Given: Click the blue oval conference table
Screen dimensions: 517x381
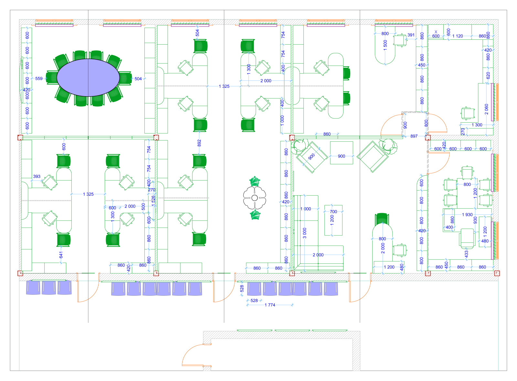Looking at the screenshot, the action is coord(88,77).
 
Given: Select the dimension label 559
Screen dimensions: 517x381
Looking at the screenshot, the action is coord(39,79).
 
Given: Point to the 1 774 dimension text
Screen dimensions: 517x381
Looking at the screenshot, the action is coord(270,305).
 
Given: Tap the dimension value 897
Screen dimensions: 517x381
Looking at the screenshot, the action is coord(414,136).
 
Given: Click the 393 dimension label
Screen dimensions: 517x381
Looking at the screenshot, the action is coord(37,176).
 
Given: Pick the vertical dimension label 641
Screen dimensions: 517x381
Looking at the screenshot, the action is coord(61,255).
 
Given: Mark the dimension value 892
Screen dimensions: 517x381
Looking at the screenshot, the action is coord(199,143).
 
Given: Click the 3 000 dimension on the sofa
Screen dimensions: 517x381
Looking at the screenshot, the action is coord(305,233).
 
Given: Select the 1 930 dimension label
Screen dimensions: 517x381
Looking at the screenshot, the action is coord(467,215).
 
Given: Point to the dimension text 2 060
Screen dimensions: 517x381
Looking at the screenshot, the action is coord(487,109).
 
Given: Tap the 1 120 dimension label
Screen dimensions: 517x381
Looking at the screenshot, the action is coord(458,36).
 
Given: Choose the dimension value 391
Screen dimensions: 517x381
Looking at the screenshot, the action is coord(411,35).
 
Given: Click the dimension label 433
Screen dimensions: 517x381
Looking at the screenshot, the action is coord(467,254).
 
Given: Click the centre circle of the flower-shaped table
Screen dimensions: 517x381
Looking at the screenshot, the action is coord(255,198).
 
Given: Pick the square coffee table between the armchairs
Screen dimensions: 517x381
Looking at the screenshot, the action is coord(341,153).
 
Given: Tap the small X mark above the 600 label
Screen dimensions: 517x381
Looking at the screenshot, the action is coord(436,32).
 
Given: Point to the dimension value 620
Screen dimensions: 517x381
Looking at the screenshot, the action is coord(488,76).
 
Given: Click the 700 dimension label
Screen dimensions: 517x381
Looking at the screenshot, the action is coord(333,212).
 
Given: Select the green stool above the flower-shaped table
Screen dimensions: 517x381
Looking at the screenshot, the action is coord(255,181).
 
